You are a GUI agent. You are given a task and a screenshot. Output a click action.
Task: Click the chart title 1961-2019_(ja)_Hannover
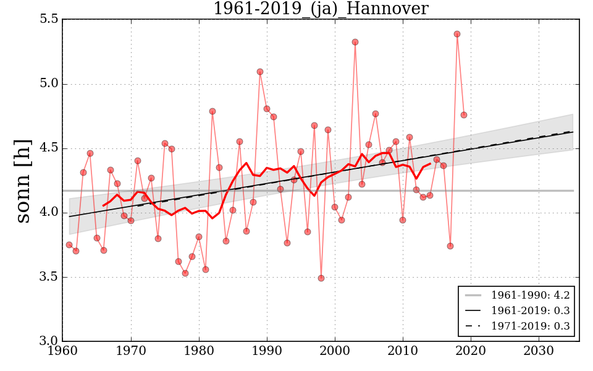click(x=321, y=9)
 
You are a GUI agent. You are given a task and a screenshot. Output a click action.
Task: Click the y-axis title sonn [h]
click(x=23, y=180)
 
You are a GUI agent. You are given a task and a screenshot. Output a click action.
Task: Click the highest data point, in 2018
click(x=457, y=34)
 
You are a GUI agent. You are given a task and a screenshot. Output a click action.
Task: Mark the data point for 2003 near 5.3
click(x=355, y=42)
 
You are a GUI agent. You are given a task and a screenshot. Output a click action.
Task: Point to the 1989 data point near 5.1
click(x=260, y=72)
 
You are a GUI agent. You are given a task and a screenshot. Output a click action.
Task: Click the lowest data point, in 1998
click(x=321, y=278)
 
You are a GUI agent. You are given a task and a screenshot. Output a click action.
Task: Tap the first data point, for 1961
click(x=69, y=245)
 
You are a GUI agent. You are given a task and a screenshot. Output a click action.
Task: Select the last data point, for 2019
click(x=464, y=115)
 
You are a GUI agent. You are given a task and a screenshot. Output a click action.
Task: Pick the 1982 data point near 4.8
click(x=212, y=111)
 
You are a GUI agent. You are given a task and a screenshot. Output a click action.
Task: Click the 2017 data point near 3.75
click(x=450, y=246)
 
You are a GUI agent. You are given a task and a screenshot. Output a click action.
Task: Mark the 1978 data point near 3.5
click(x=185, y=273)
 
